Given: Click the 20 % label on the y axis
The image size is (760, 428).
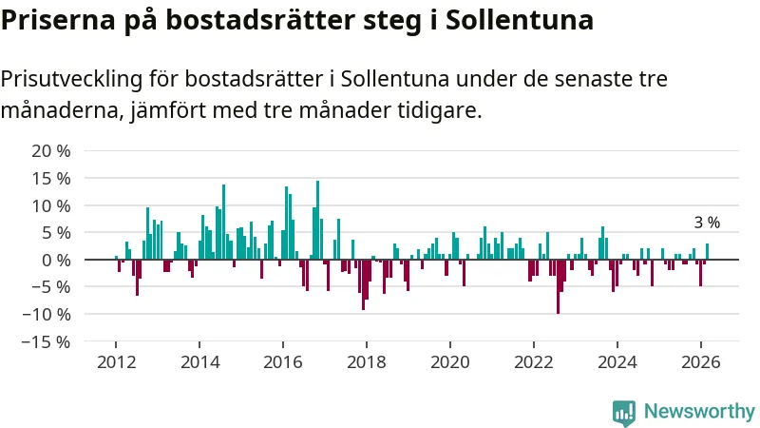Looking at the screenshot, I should [51, 151].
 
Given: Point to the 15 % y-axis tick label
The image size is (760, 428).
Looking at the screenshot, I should [51, 179].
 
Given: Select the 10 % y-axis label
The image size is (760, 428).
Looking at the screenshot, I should [51, 205].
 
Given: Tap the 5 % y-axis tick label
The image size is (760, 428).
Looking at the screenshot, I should [55, 233].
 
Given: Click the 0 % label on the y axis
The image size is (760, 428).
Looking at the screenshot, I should [55, 260].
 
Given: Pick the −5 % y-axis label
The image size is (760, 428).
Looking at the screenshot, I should [51, 287].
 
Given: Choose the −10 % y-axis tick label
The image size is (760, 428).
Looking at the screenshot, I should [47, 314].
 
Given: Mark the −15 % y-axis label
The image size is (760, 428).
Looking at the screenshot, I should [47, 341].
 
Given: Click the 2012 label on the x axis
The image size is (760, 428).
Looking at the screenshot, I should [116, 361].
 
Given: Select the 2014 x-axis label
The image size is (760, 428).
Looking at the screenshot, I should [199, 361].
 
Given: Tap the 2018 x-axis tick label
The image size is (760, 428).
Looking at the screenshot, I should [367, 361].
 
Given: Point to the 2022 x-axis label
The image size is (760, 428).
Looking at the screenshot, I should [534, 361].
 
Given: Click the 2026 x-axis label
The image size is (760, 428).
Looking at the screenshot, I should [700, 361].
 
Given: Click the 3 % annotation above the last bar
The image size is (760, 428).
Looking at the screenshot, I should [707, 223].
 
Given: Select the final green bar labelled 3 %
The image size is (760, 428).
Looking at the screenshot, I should [707, 252].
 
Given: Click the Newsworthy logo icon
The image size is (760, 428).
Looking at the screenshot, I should [624, 412].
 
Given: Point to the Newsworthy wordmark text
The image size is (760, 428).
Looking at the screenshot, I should [699, 412].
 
